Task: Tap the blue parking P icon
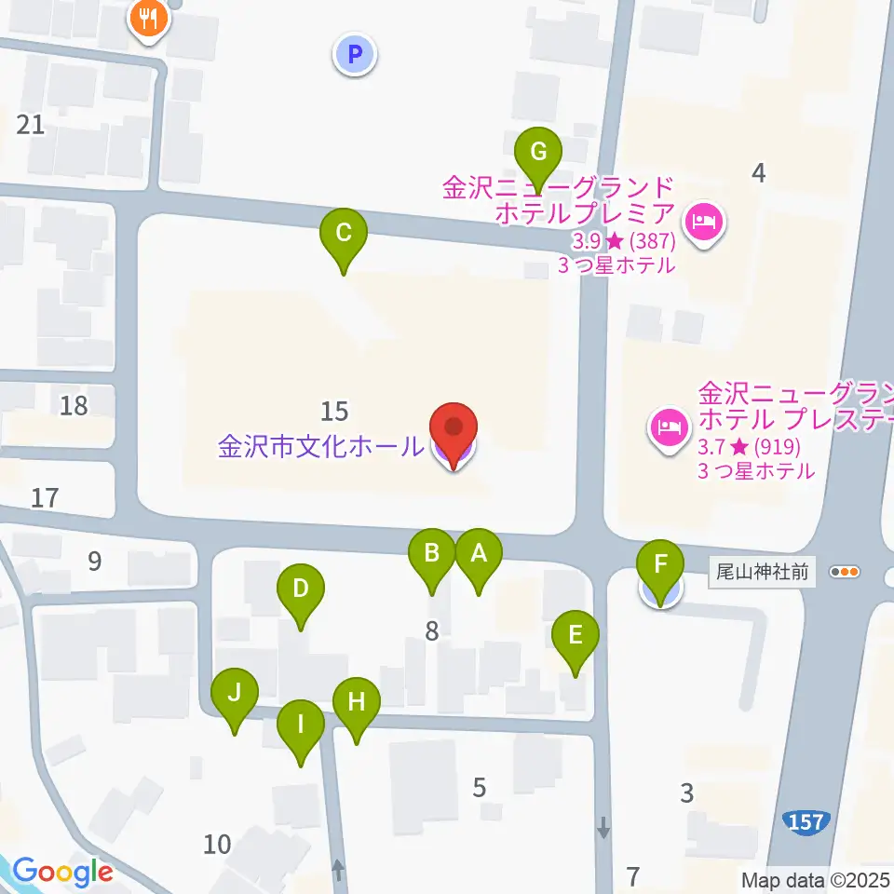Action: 354,55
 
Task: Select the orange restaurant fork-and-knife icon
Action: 148,19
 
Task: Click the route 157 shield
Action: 804,821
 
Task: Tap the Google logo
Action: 61,872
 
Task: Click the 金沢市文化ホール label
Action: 319,447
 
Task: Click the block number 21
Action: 31,124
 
